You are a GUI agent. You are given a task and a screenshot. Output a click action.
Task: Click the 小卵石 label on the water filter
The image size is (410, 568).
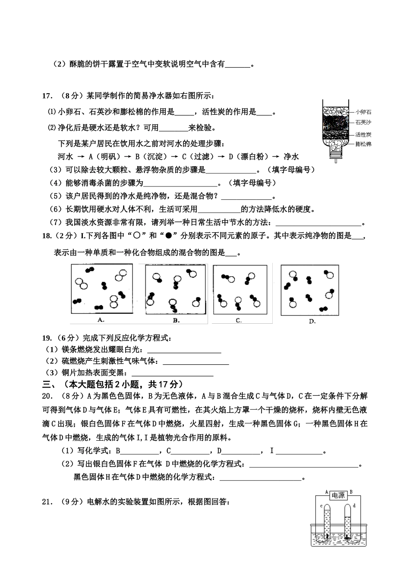(x=363, y=112)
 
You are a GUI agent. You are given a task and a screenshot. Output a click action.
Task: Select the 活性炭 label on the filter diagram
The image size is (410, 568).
(x=363, y=135)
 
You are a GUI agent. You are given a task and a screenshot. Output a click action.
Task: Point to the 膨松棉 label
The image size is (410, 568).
(x=363, y=144)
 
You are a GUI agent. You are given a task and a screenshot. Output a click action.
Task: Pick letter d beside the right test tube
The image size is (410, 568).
(x=354, y=505)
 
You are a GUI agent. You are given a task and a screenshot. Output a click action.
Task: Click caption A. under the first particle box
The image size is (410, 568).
(x=101, y=319)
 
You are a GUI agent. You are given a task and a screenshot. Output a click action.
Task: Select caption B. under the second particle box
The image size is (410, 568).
(x=176, y=320)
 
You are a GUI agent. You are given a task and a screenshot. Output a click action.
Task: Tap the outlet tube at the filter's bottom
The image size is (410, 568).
(x=334, y=159)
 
